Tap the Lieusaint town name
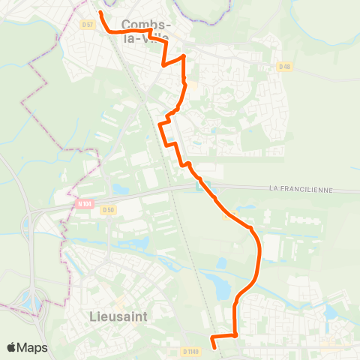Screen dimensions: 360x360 118,316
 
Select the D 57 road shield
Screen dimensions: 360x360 88,25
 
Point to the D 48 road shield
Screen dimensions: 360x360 283,67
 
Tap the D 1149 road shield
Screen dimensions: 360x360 191,350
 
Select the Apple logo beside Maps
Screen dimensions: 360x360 12,347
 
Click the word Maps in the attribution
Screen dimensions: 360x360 33,347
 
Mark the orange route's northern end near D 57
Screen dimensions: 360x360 100,12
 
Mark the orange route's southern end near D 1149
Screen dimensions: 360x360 216,347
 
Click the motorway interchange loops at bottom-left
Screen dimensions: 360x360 34,304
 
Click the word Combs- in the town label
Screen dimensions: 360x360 144,25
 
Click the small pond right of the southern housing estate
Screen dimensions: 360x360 328,309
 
